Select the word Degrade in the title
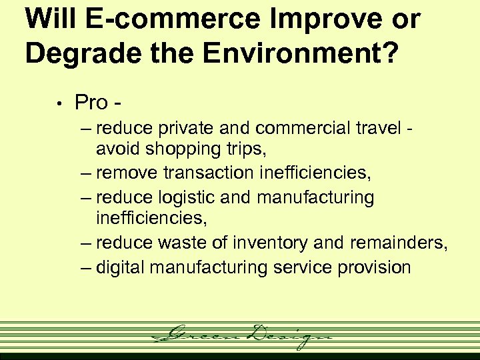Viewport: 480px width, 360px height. click(72, 53)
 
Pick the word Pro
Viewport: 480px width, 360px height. click(91, 103)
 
